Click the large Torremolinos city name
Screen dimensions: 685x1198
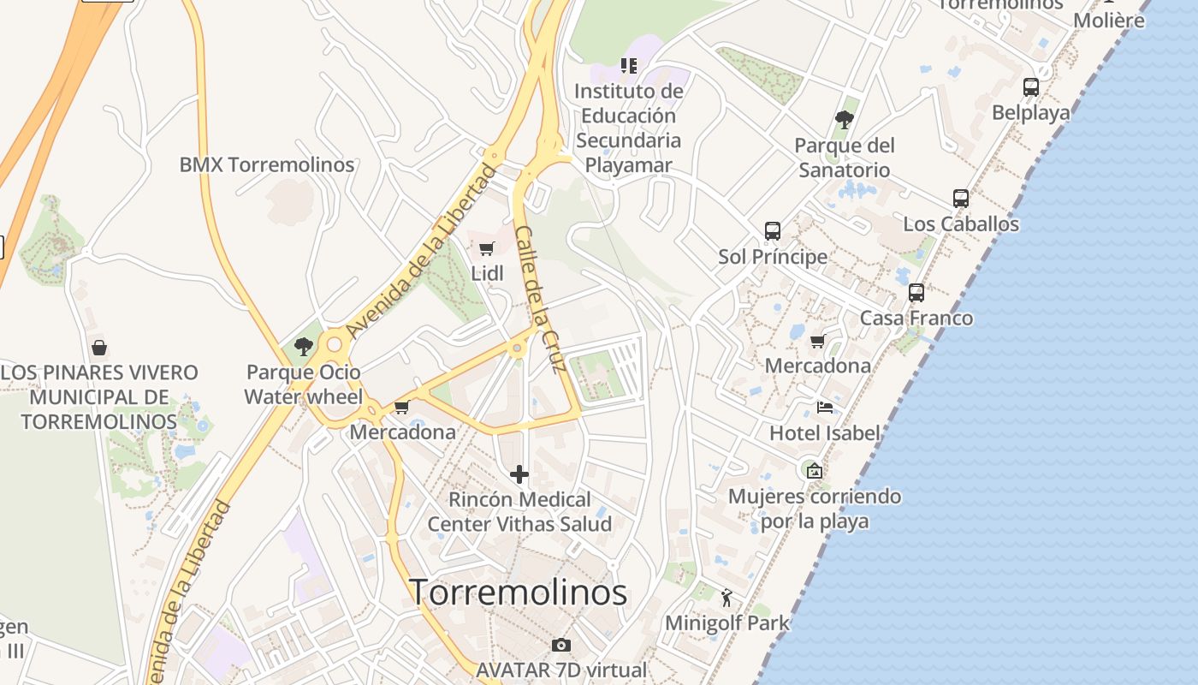[519, 593]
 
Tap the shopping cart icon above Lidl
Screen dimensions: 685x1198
[487, 249]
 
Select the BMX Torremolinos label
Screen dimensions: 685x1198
[266, 164]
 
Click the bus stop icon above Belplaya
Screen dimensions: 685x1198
[1031, 87]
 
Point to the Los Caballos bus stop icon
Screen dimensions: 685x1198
[961, 199]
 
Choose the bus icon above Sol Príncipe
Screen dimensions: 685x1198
[773, 231]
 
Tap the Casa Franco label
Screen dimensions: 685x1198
[916, 319]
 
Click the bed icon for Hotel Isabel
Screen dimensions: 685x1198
[825, 408]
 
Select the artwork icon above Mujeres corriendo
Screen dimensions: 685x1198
[814, 470]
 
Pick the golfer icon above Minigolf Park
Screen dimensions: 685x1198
[727, 598]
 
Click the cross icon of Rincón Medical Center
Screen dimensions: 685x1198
[519, 474]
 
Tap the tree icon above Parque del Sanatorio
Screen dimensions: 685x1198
[845, 119]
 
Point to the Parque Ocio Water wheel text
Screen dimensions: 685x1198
[304, 384]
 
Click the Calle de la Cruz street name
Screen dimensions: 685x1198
[542, 300]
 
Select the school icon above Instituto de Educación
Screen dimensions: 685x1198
[629, 65]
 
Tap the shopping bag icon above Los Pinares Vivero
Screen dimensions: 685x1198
[99, 348]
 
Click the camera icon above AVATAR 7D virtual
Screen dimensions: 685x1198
[561, 645]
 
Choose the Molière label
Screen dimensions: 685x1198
[1108, 20]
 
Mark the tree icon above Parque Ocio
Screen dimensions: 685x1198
[303, 347]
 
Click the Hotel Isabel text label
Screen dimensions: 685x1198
[824, 433]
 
